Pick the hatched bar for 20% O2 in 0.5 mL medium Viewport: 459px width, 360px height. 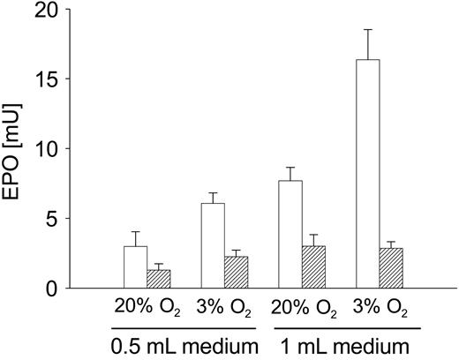click(x=158, y=279)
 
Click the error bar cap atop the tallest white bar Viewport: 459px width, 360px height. click(x=367, y=30)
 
